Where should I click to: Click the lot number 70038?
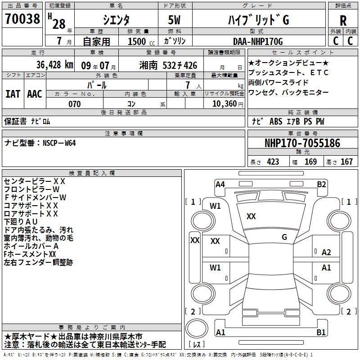(x=22, y=19)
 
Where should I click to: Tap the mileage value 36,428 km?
(x=54, y=65)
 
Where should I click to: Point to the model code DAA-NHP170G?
(x=258, y=41)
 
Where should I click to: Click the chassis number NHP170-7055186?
(x=302, y=143)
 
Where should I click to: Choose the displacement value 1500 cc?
(x=141, y=41)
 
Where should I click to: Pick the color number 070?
(x=75, y=104)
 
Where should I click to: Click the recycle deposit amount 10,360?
(x=225, y=104)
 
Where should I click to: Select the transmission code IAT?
(x=13, y=94)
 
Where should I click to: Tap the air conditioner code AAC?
(x=35, y=94)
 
